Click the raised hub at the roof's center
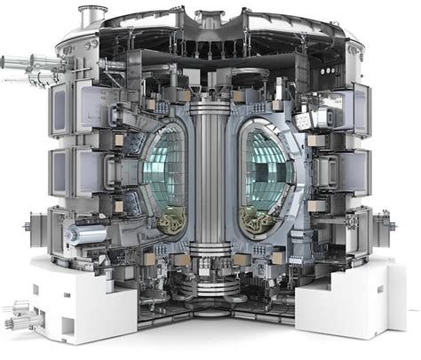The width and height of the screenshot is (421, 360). tap(210, 19)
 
